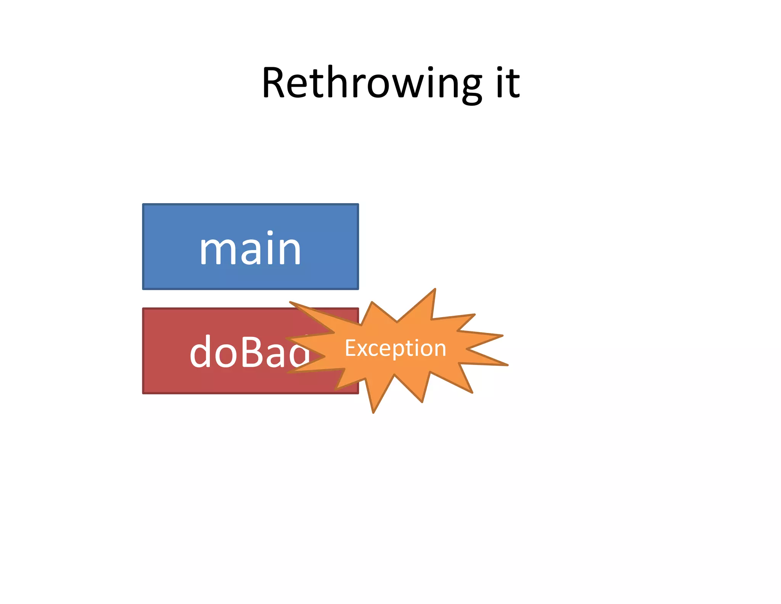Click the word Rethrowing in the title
[372, 83]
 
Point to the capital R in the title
[275, 83]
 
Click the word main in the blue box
[250, 250]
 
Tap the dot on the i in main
[270, 233]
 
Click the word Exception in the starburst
[395, 348]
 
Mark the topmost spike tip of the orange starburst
[435, 289]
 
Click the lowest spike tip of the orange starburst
[373, 413]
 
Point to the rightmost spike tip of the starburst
[508, 365]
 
